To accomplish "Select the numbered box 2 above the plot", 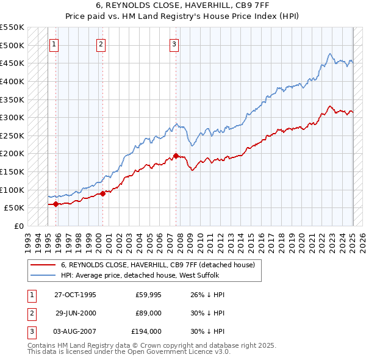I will click(101, 44).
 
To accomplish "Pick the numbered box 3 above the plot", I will click(174, 44).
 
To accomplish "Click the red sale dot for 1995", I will click(56, 204).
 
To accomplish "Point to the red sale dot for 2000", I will click(102, 193).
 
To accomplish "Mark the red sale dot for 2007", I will click(176, 156).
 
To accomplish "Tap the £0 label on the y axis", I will click(19, 226).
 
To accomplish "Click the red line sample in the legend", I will click(43, 265).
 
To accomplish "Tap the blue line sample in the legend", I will click(43, 276).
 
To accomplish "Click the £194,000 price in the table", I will click(146, 332).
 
